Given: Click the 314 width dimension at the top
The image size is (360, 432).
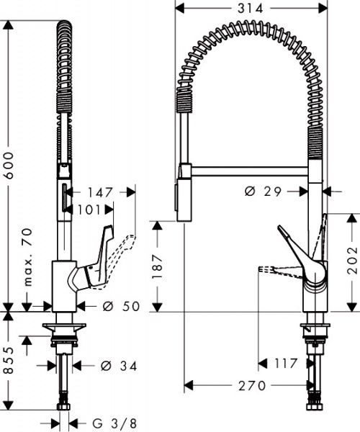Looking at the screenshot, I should (x=248, y=8).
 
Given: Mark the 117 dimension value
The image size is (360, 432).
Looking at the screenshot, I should (x=285, y=364).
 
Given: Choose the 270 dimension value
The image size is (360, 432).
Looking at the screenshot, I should (x=249, y=384).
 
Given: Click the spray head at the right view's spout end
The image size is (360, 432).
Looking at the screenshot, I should (x=182, y=197).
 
